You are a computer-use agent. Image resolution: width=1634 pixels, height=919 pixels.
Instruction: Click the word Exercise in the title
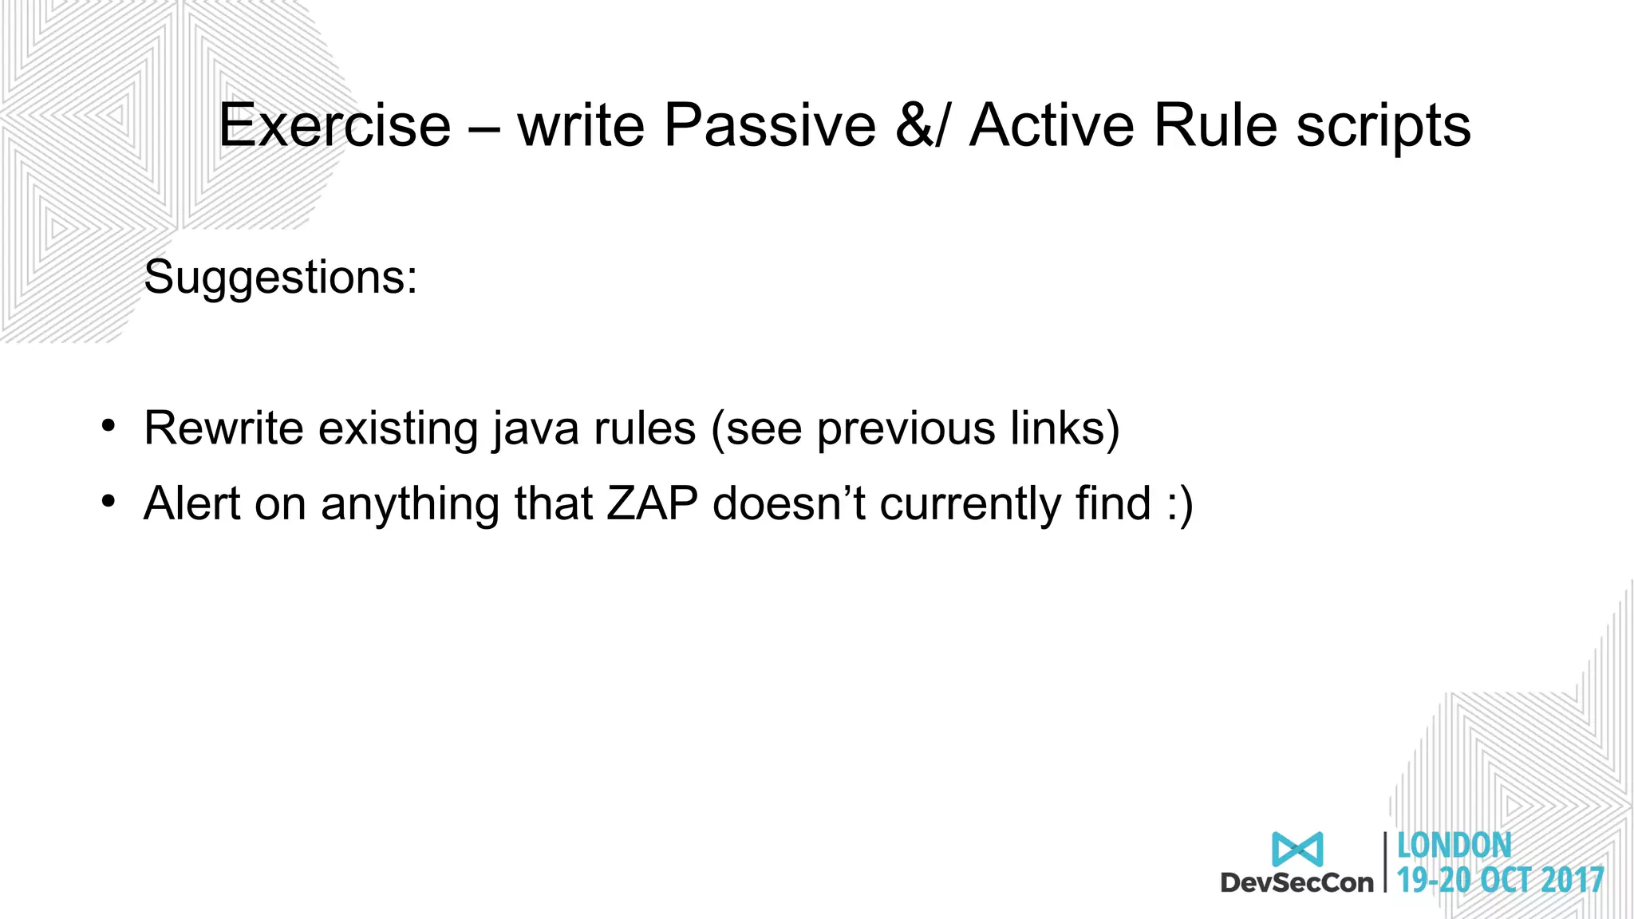coord(334,125)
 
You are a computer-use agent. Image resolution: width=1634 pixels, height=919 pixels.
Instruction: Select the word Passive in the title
coord(769,125)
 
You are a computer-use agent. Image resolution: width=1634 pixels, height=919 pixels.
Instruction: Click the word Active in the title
coord(1052,125)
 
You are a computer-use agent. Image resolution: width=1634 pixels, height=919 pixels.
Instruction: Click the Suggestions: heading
coord(280,278)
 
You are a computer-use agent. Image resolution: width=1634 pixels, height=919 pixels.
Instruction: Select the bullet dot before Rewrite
coord(109,425)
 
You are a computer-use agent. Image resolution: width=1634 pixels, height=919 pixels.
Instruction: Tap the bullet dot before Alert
coord(109,501)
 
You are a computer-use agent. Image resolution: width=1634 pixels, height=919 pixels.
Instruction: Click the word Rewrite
coord(223,428)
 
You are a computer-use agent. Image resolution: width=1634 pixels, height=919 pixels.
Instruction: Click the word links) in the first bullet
coord(1064,429)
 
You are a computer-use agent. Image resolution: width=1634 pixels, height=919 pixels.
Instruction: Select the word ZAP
coord(652,504)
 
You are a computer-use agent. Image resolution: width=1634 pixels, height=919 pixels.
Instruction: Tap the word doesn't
coord(788,504)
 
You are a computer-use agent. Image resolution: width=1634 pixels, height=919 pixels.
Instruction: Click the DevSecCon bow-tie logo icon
coord(1297,849)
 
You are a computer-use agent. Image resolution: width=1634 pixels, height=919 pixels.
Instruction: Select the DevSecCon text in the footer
coord(1297,882)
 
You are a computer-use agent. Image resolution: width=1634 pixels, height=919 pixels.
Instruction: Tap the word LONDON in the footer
coord(1454,846)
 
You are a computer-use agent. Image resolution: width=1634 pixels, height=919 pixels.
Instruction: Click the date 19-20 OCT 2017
coord(1500,881)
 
